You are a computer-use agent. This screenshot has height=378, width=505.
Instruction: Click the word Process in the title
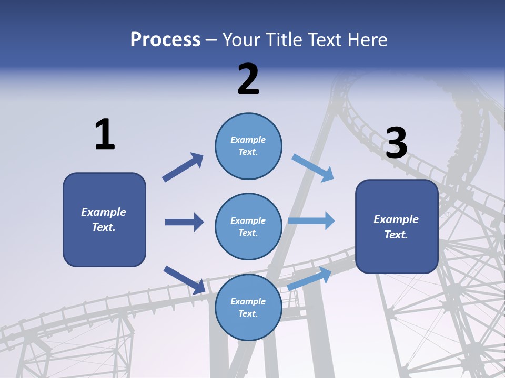pos(165,40)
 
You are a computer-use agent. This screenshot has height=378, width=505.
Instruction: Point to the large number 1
pos(105,135)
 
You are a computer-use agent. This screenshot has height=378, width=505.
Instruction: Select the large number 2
pos(248,79)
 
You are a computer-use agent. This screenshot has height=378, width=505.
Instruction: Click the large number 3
pos(397,143)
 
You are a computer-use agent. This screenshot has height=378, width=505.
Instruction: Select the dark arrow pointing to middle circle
pos(184,222)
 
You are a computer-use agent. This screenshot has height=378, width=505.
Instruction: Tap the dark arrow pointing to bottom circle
pos(184,280)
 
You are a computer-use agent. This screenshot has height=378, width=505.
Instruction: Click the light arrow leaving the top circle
pos(313,168)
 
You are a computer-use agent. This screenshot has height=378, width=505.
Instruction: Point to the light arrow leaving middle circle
pos(311,220)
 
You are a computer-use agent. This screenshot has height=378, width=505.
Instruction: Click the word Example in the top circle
pos(248,140)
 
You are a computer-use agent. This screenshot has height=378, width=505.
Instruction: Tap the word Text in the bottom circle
pos(248,313)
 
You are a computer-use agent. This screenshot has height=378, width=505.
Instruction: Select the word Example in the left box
pos(104,212)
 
